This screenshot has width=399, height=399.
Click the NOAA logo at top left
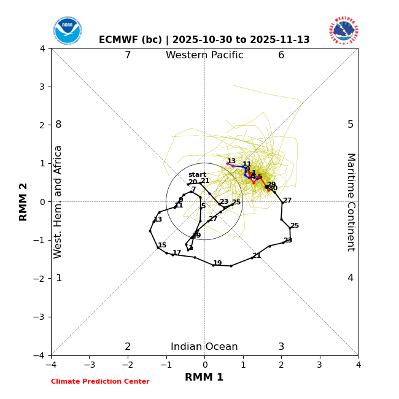pyautogui.click(x=67, y=31)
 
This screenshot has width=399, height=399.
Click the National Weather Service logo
pyautogui.click(x=344, y=31)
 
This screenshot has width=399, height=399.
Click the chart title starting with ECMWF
pyautogui.click(x=204, y=40)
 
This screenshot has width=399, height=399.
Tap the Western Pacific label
pyautogui.click(x=204, y=55)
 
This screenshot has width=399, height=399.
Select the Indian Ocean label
pyautogui.click(x=204, y=347)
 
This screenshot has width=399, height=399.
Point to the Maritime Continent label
pyautogui.click(x=351, y=202)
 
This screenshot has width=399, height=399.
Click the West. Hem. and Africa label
pyautogui.click(x=58, y=202)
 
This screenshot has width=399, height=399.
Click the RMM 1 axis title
pyautogui.click(x=204, y=378)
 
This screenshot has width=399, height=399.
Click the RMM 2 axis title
pyautogui.click(x=24, y=202)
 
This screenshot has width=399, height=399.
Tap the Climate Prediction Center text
pyautogui.click(x=100, y=382)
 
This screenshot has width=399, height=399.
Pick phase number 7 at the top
pyautogui.click(x=128, y=55)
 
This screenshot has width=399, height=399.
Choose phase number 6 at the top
pyautogui.click(x=281, y=55)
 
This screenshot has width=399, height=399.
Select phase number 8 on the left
pyautogui.click(x=58, y=125)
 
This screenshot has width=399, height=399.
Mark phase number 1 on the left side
pyautogui.click(x=58, y=278)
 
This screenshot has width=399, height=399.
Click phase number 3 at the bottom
pyautogui.click(x=281, y=347)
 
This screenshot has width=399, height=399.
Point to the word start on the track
pyautogui.click(x=197, y=175)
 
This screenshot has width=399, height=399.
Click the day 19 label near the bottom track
pyautogui.click(x=217, y=263)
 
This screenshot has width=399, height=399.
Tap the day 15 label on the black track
pyautogui.click(x=162, y=246)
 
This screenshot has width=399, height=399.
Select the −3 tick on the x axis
pyautogui.click(x=89, y=365)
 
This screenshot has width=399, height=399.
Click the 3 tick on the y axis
pyautogui.click(x=42, y=87)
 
